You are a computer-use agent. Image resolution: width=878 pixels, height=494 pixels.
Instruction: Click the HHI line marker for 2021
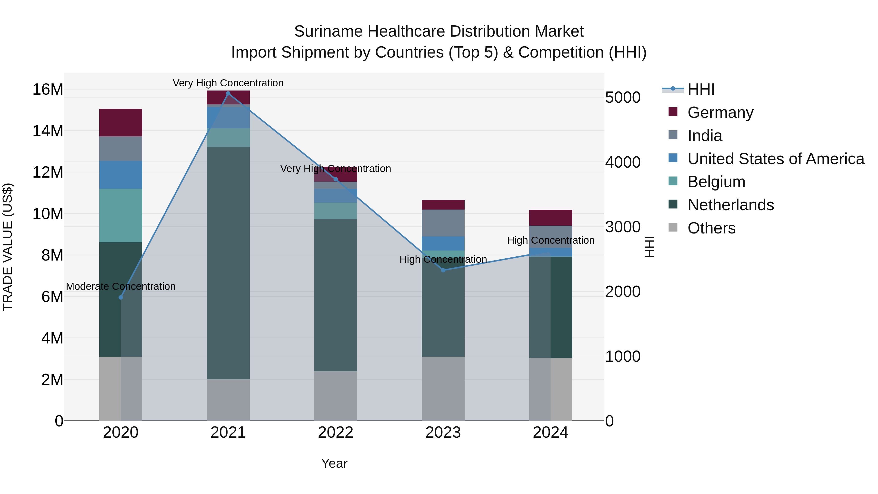click(228, 93)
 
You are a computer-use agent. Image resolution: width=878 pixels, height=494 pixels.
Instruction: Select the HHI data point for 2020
click(121, 297)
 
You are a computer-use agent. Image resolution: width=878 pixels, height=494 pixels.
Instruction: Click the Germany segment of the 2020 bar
click(121, 123)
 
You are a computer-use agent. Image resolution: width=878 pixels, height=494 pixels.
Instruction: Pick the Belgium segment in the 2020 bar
click(121, 215)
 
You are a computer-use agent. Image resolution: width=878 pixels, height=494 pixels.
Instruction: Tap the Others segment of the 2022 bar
click(335, 395)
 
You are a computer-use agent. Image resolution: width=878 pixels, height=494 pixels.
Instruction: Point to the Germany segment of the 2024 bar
click(550, 218)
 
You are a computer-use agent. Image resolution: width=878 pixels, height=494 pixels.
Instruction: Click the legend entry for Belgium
click(716, 182)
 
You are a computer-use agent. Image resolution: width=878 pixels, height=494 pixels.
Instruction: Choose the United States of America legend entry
click(775, 159)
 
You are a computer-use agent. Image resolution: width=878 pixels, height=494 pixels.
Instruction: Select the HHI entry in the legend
click(700, 89)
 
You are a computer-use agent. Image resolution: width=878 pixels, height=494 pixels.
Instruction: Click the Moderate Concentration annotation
click(121, 286)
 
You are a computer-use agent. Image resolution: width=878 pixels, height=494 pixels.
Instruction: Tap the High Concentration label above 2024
click(550, 240)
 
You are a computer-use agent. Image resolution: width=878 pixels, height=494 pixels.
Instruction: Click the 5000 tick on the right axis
click(622, 98)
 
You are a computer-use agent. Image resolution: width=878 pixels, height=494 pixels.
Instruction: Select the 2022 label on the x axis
click(335, 433)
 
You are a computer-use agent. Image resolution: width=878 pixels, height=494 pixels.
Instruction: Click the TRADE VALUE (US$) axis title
click(8, 247)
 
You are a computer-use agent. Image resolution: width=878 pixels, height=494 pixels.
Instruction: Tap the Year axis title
click(334, 463)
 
